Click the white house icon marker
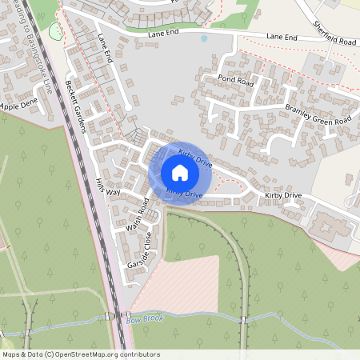pyautogui.click(x=180, y=172)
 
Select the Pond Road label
pyautogui.click(x=235, y=79)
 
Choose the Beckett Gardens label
pyautogui.click(x=81, y=100)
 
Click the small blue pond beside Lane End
pyautogui.click(x=204, y=38)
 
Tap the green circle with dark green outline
pyautogui.click(x=55, y=31)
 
